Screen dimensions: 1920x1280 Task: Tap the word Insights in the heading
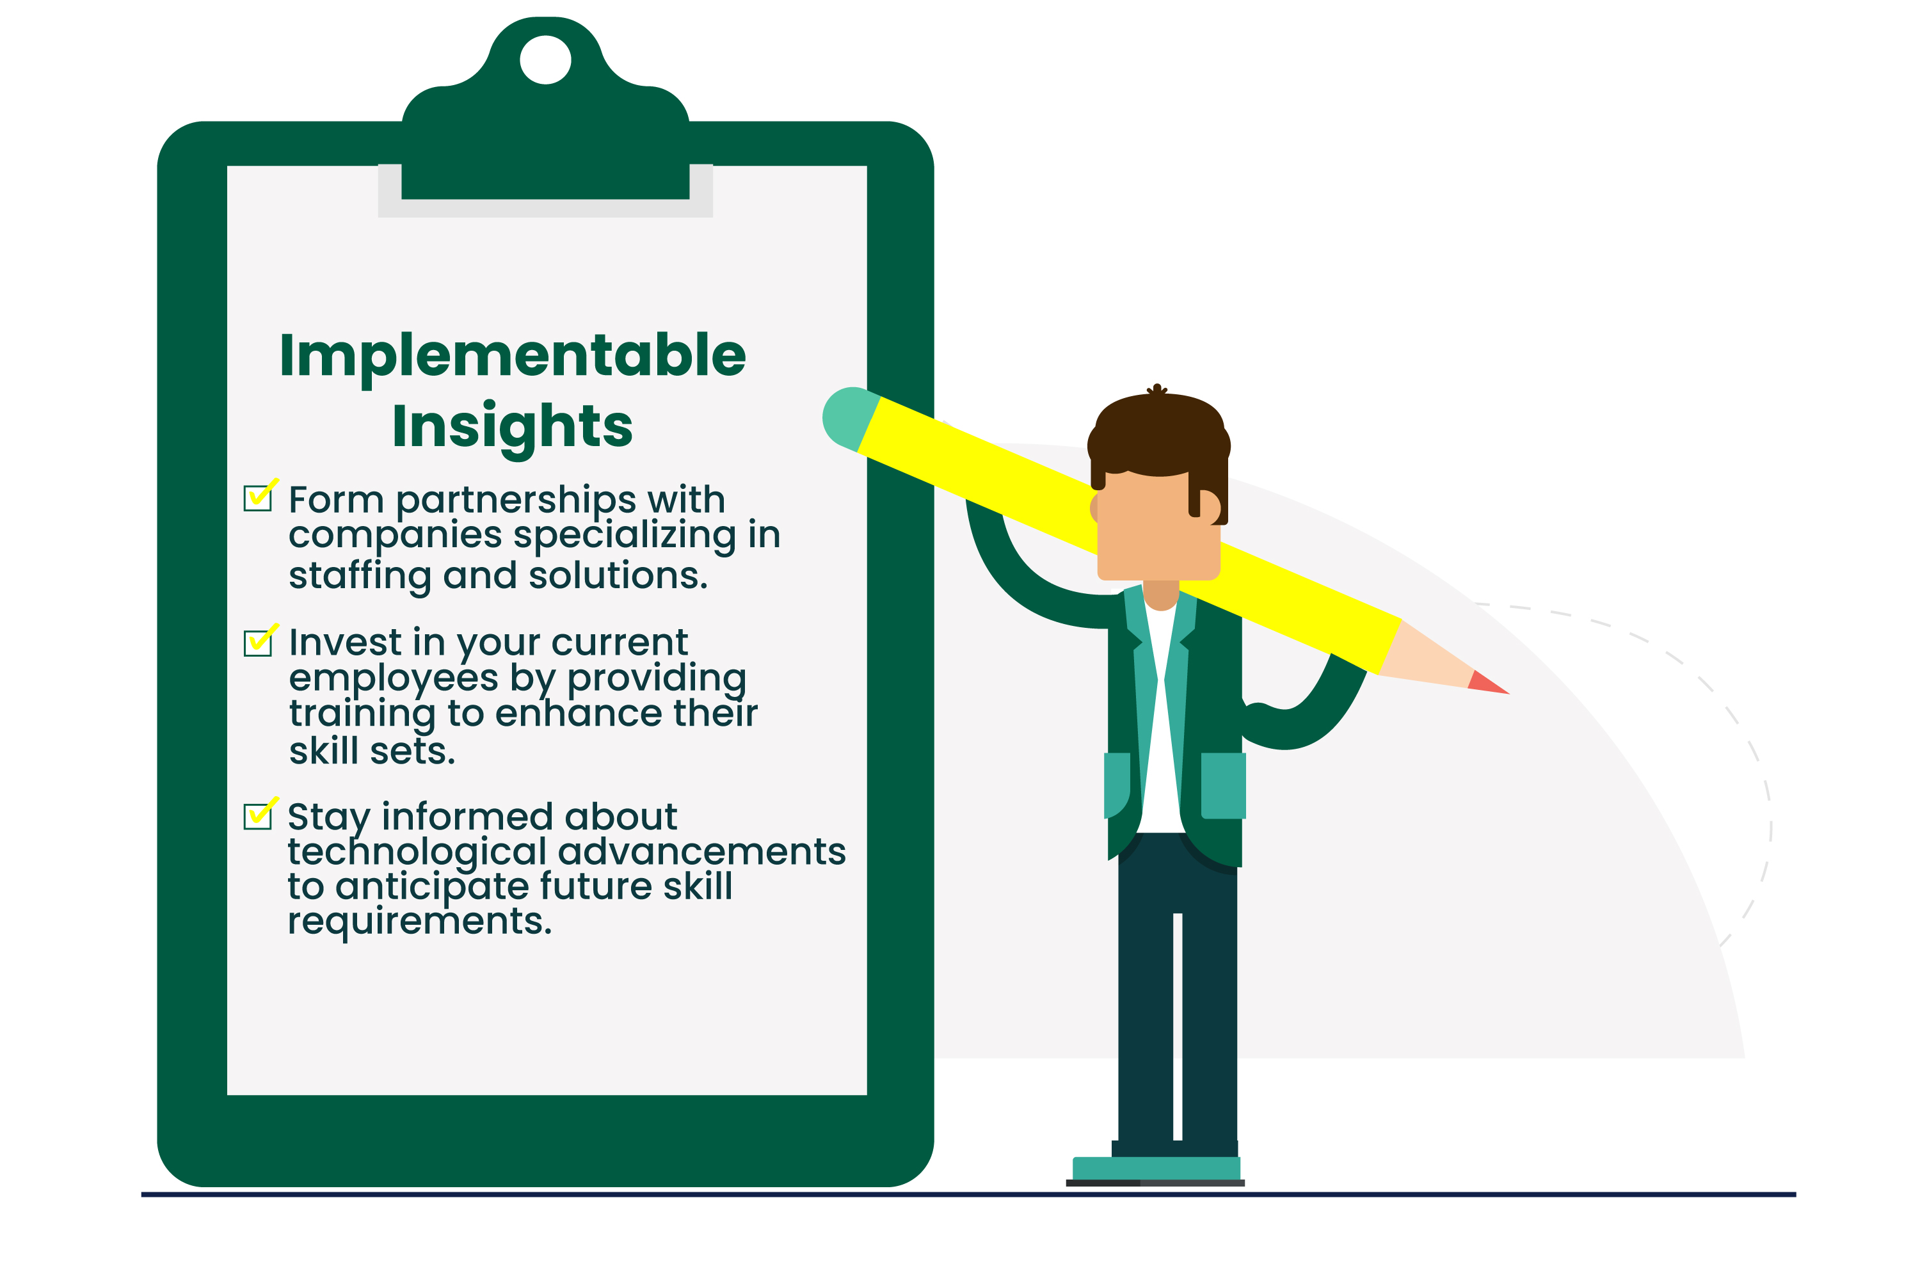pos(513,427)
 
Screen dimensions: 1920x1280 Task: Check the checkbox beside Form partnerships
pos(258,497)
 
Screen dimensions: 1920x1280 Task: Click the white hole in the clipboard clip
pos(545,60)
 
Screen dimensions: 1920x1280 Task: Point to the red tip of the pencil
pos(1487,684)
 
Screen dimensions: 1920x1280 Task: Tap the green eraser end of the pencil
pos(849,418)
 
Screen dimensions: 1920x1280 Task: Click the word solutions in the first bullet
pos(618,575)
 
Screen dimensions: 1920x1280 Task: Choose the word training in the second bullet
pos(362,714)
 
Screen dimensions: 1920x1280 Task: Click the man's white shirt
pos(1161,718)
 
